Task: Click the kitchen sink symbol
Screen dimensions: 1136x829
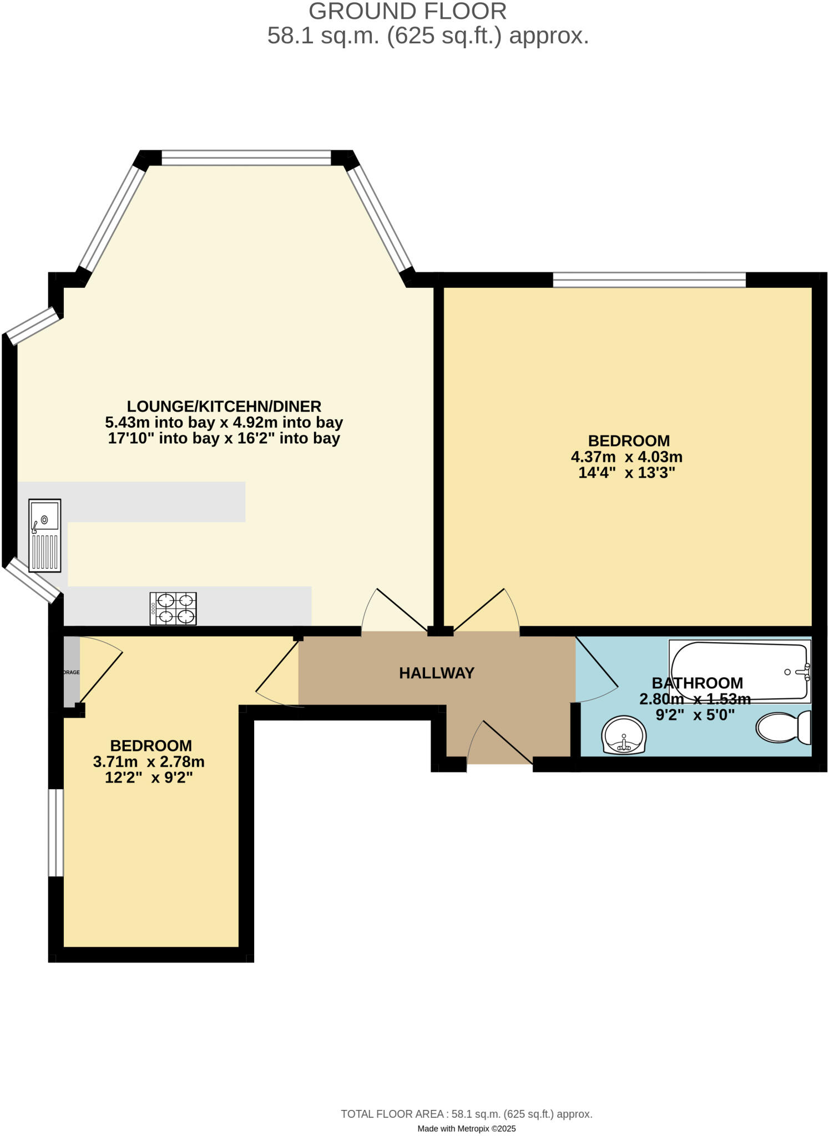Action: coord(45,535)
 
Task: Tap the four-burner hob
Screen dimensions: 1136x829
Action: coord(173,608)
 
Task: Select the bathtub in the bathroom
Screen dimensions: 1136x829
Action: coord(740,671)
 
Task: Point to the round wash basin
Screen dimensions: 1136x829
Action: coord(624,735)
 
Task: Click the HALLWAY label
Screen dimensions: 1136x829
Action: coord(437,673)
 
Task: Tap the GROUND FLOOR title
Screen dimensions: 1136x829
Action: coord(407,11)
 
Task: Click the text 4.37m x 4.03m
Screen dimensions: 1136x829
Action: coord(626,457)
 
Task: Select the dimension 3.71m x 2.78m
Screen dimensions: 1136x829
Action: coord(149,762)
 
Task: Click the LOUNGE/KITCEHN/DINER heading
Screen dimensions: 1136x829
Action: coord(224,406)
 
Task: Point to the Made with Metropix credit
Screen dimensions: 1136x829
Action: coord(466,1128)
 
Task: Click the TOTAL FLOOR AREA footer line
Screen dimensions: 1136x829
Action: coord(466,1114)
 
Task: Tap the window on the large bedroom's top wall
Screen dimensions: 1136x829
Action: coord(649,280)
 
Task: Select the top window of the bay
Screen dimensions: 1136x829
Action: coord(246,158)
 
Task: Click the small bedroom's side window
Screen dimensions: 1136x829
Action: coord(56,832)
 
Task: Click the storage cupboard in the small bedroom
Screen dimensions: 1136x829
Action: coord(72,672)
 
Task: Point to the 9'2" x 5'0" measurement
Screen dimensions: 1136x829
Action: coord(695,715)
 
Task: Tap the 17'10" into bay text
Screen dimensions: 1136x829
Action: coord(224,438)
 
